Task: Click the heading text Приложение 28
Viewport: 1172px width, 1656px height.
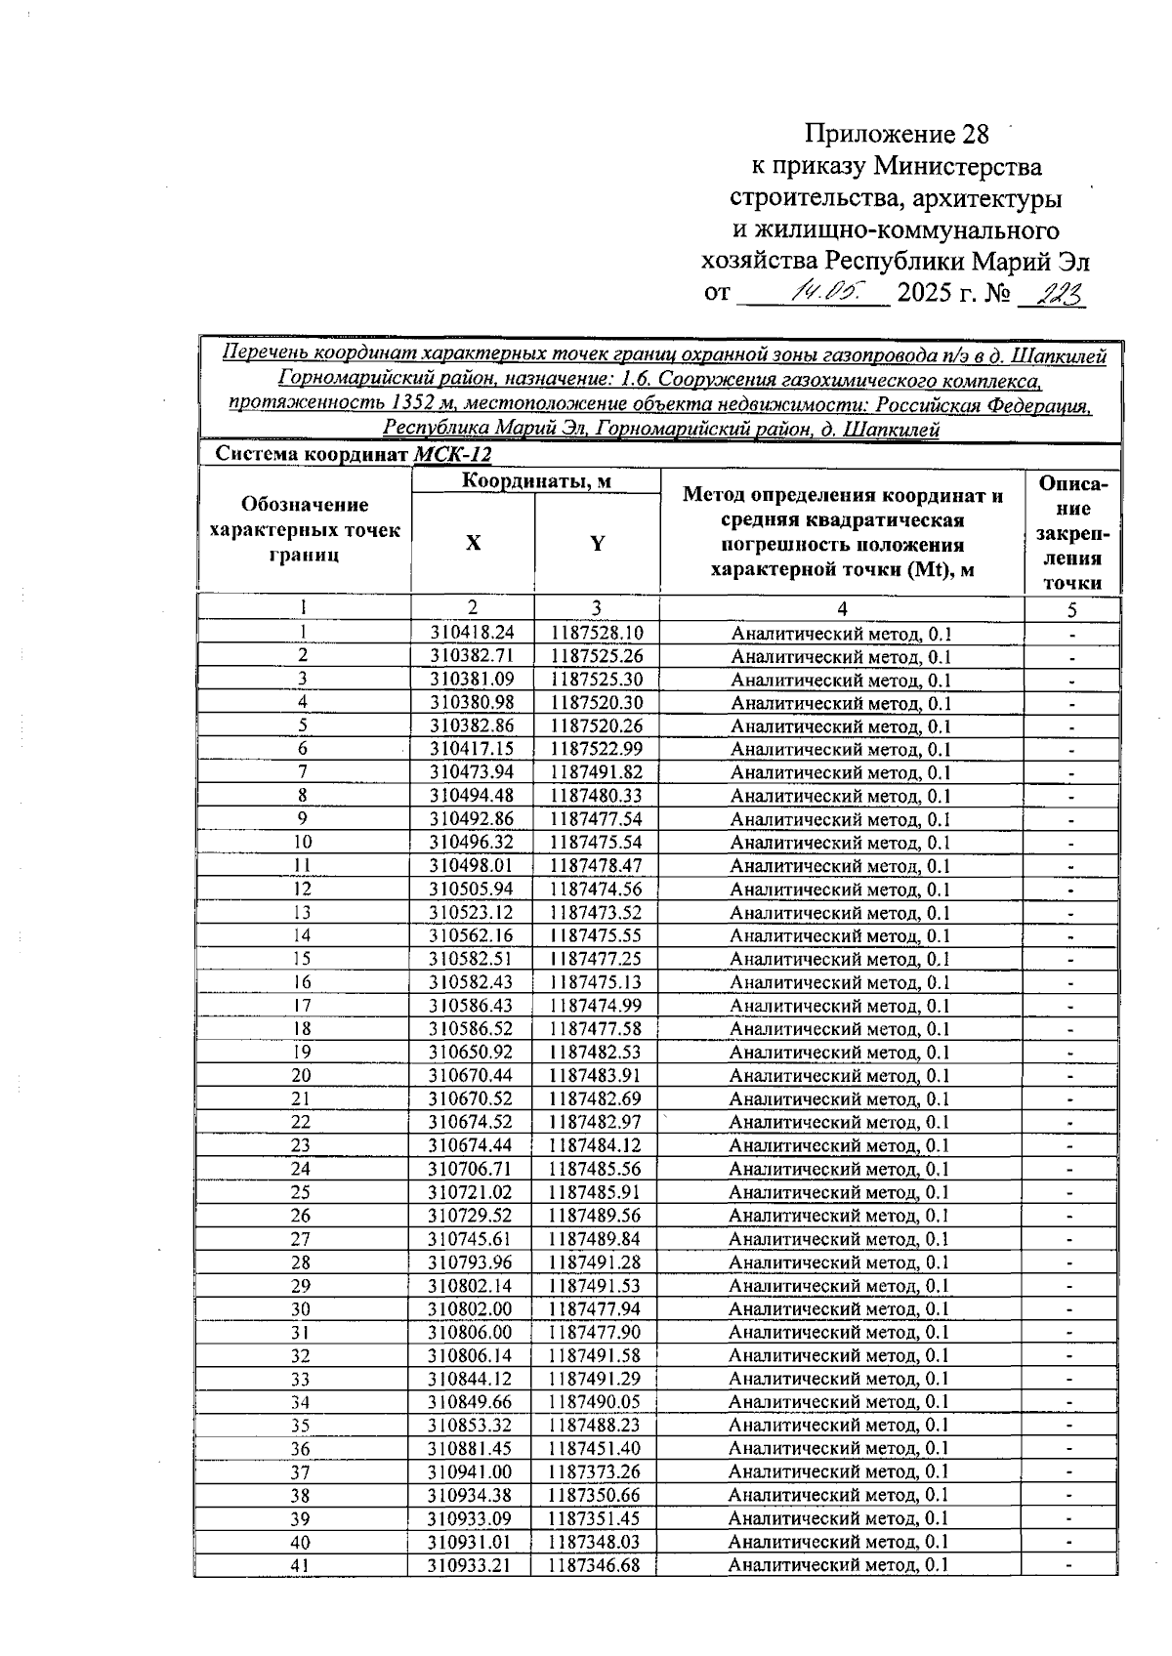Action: [897, 134]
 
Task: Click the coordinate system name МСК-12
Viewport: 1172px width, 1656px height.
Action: [453, 454]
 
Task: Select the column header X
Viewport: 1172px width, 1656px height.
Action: [473, 544]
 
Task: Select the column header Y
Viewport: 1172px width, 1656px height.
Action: [597, 544]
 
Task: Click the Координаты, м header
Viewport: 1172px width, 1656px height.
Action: [536, 481]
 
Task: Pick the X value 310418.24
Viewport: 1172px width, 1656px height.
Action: [473, 633]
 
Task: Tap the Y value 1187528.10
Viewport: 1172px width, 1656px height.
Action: [597, 633]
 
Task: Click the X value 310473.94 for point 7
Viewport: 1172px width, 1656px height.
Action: [473, 772]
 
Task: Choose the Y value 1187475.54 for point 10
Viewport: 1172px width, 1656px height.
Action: [596, 842]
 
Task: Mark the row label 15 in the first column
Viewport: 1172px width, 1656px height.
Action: [303, 959]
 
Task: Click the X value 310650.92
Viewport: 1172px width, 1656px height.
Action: [472, 1052]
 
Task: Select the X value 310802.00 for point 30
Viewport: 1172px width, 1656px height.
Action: [471, 1308]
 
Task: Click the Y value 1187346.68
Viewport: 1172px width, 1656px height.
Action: [594, 1565]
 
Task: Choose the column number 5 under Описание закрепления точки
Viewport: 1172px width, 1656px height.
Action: [1071, 610]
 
